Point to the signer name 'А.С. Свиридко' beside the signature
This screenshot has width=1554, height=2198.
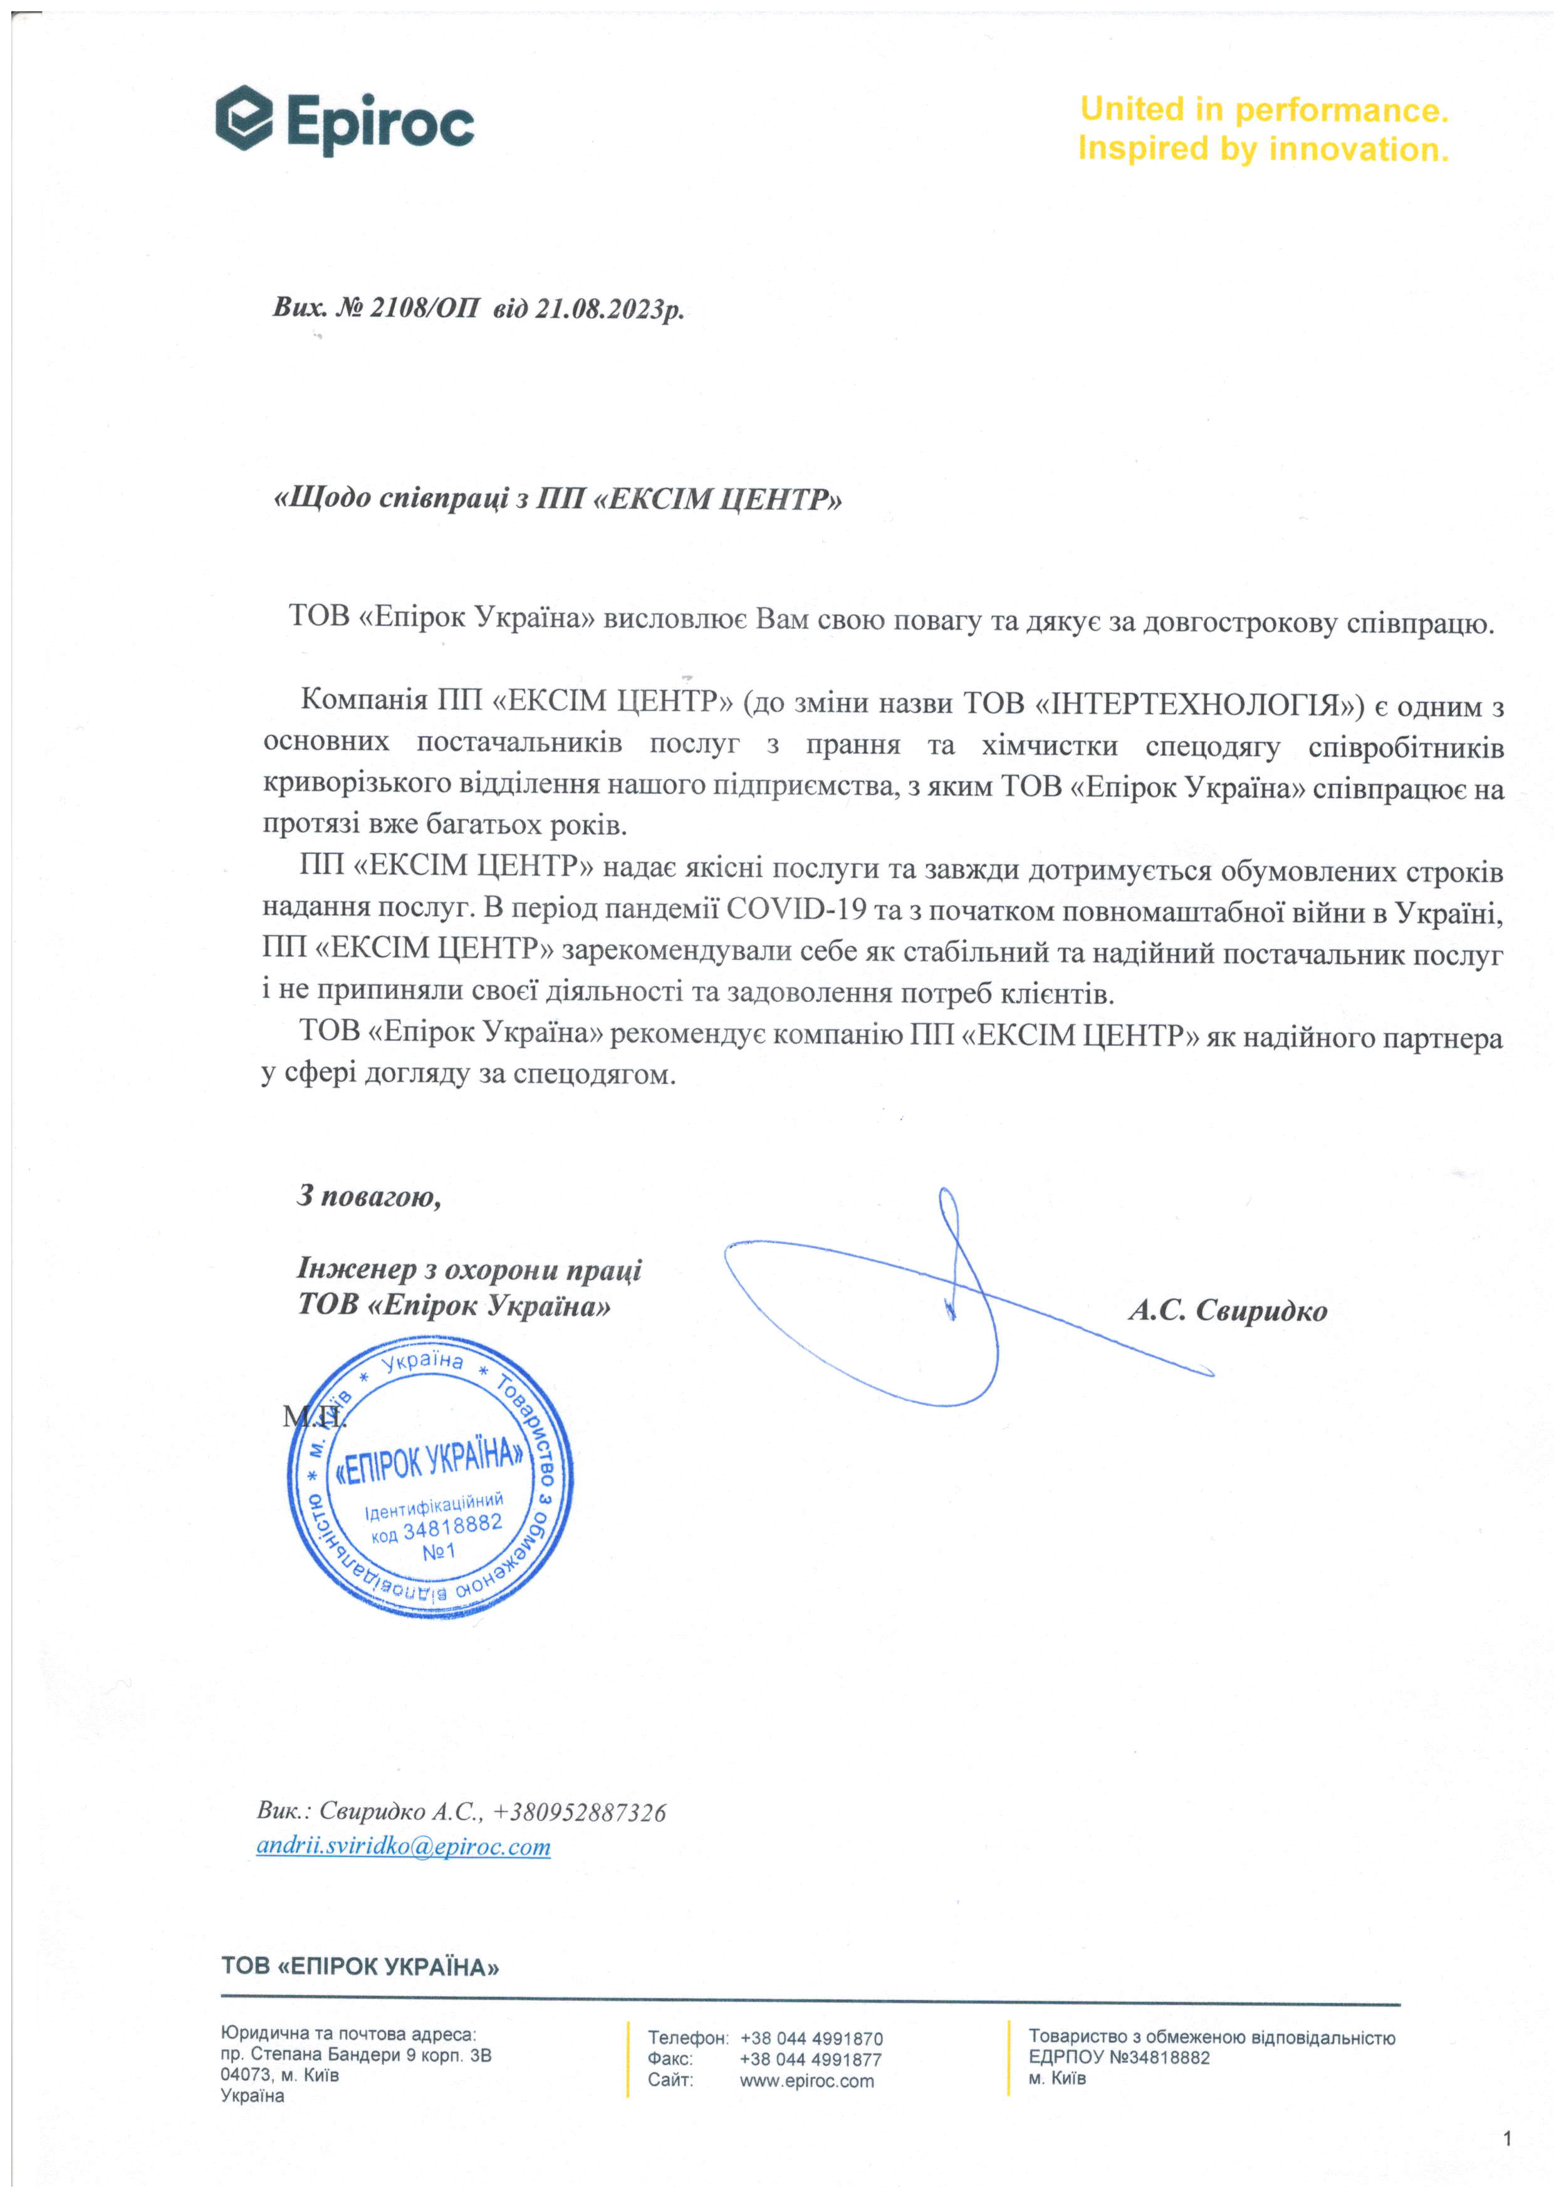(1228, 1311)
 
